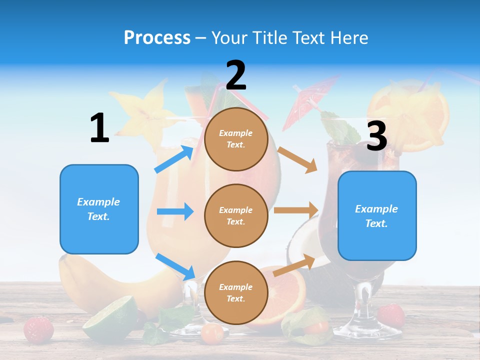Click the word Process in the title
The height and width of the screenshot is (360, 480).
click(x=157, y=38)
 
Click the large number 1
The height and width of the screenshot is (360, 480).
click(x=99, y=128)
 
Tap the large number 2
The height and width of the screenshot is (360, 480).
click(x=236, y=75)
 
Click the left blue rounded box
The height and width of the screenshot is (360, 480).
click(x=99, y=209)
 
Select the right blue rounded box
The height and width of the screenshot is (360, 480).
click(x=377, y=215)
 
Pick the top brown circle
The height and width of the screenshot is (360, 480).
click(x=236, y=139)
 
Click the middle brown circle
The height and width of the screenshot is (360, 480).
click(x=236, y=215)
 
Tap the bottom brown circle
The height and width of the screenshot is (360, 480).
click(x=236, y=292)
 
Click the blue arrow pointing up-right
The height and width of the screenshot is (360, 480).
click(x=174, y=159)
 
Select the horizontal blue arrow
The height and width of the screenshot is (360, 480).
click(x=175, y=211)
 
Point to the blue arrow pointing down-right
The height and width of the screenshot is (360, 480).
click(x=175, y=266)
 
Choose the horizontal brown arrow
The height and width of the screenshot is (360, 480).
click(x=296, y=210)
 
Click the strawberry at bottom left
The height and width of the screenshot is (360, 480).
click(x=38, y=329)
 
